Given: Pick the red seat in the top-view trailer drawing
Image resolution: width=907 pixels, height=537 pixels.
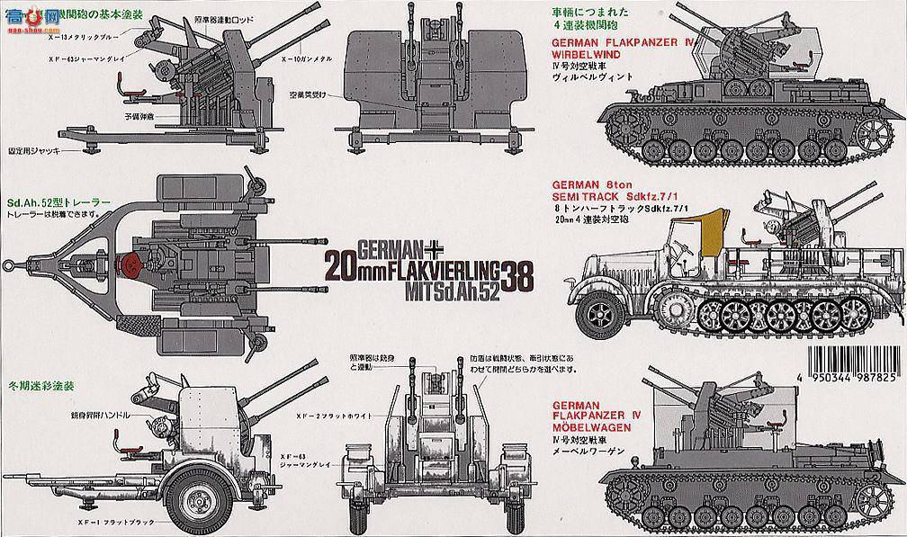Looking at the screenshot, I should [x=129, y=264].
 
